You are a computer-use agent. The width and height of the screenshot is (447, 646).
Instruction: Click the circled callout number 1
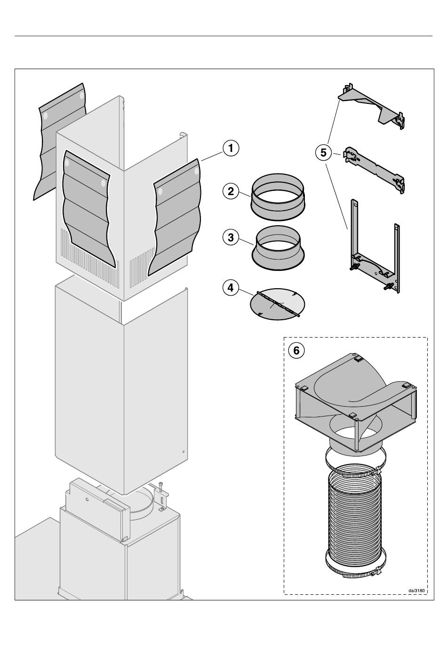(231, 149)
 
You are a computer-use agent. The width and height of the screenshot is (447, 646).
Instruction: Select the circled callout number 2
(231, 191)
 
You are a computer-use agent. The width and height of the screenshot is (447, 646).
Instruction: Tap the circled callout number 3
(231, 237)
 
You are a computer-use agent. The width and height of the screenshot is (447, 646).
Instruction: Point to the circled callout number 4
(231, 287)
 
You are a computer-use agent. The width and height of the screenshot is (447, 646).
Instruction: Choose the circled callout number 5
(323, 153)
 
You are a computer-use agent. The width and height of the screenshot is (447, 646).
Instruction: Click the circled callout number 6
(296, 350)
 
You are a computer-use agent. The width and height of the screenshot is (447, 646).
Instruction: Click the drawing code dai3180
(416, 590)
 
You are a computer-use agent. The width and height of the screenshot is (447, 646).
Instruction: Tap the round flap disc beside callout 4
(277, 303)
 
